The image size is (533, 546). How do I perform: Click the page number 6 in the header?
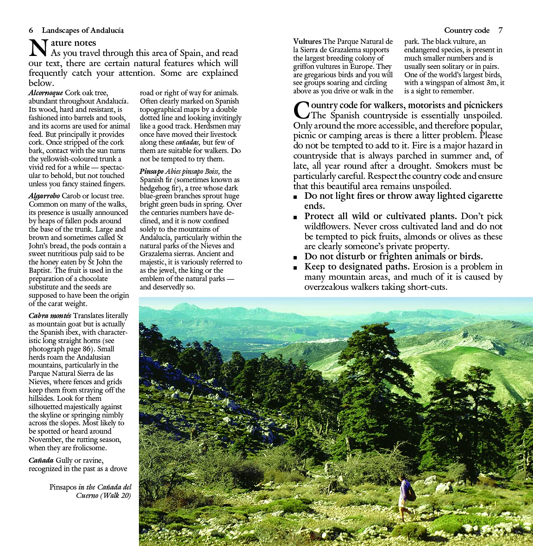click(31, 31)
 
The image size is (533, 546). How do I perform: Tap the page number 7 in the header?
click(500, 31)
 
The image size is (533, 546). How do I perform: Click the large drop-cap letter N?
click(38, 49)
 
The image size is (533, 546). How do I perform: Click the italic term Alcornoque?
click(46, 93)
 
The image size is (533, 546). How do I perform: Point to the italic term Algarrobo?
click(44, 196)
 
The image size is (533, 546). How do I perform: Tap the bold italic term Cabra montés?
click(50, 316)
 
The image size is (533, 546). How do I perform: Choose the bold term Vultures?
click(307, 42)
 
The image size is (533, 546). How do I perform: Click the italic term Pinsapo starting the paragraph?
click(151, 172)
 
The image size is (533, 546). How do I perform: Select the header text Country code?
click(466, 31)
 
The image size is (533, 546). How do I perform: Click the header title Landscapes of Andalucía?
click(82, 31)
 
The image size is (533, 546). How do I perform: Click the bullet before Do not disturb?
click(296, 258)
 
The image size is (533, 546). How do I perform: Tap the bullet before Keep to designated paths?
click(296, 268)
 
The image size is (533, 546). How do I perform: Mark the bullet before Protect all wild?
click(296, 217)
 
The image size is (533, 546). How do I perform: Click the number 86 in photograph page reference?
click(86, 349)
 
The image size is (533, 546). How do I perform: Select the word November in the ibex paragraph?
click(45, 440)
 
